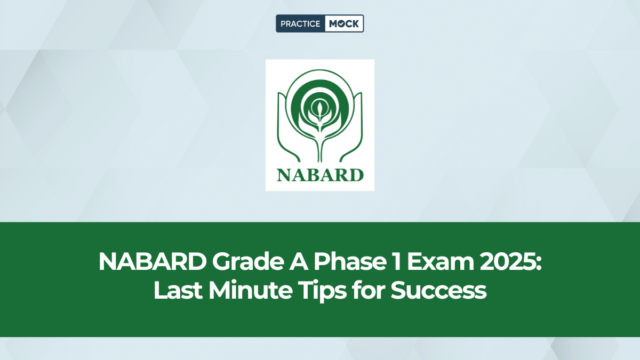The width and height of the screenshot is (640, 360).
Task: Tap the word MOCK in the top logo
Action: (343, 23)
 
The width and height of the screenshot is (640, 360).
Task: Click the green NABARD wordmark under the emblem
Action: (320, 174)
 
